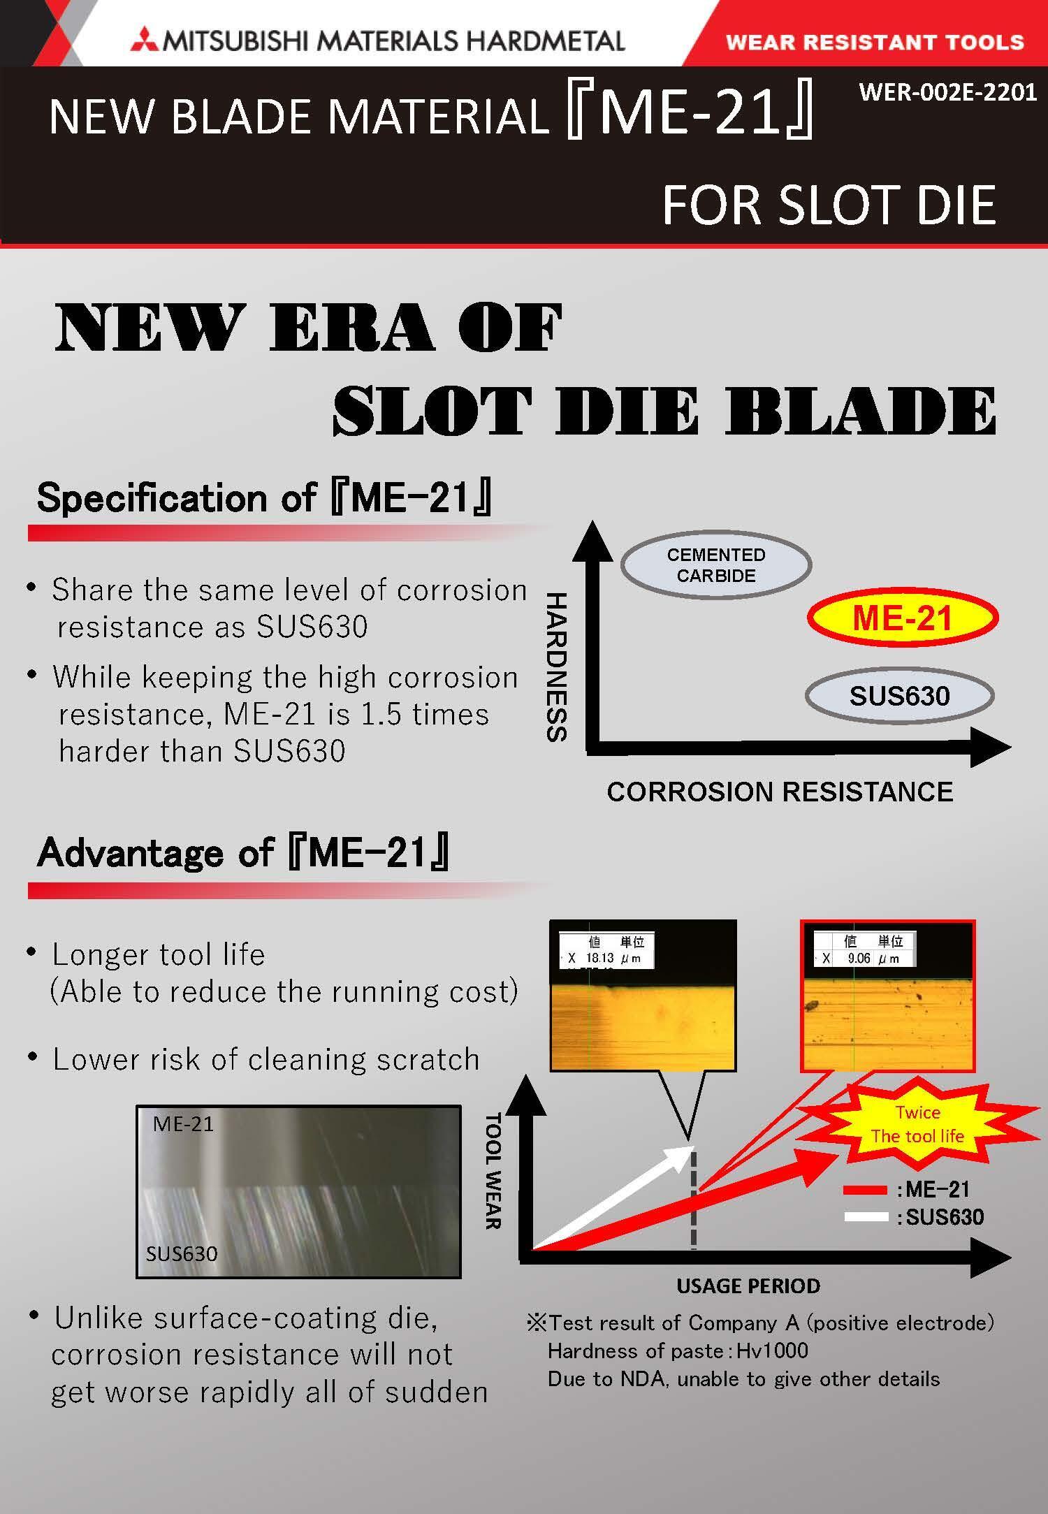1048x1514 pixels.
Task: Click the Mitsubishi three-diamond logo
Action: click(x=144, y=41)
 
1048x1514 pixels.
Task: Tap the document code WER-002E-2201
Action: click(x=947, y=92)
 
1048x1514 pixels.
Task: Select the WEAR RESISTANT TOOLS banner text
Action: click(x=875, y=42)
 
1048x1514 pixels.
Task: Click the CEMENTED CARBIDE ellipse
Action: click(x=716, y=565)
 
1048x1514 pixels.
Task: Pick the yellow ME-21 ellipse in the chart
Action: click(x=903, y=618)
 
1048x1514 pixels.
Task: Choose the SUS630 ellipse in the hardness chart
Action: click(x=899, y=696)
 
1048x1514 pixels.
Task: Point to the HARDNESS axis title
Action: click(x=557, y=667)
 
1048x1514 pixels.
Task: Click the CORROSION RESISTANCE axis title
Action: click(x=780, y=792)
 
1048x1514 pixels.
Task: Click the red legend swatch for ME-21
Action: click(x=865, y=1190)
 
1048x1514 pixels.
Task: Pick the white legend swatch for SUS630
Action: click(x=865, y=1217)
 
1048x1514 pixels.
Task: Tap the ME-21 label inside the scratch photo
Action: click(x=183, y=1124)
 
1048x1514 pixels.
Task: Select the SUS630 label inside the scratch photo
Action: click(x=182, y=1253)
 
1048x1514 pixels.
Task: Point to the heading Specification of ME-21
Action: click(x=264, y=498)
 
